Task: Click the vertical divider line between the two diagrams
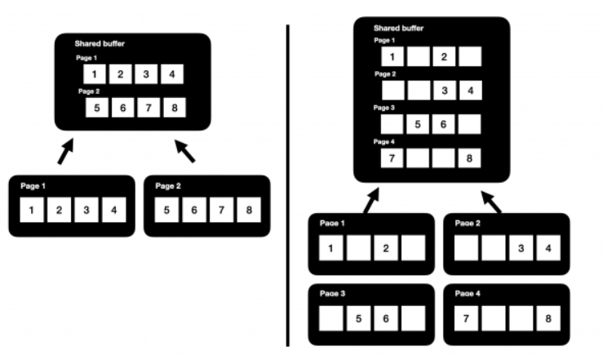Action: click(x=288, y=184)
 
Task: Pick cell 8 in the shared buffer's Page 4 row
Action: click(x=470, y=157)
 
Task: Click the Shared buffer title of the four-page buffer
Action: click(x=399, y=28)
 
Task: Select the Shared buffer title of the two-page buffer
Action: click(x=100, y=44)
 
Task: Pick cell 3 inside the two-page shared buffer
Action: click(x=145, y=75)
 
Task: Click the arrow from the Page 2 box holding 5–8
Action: click(x=186, y=150)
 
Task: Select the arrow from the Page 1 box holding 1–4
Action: click(x=65, y=150)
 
